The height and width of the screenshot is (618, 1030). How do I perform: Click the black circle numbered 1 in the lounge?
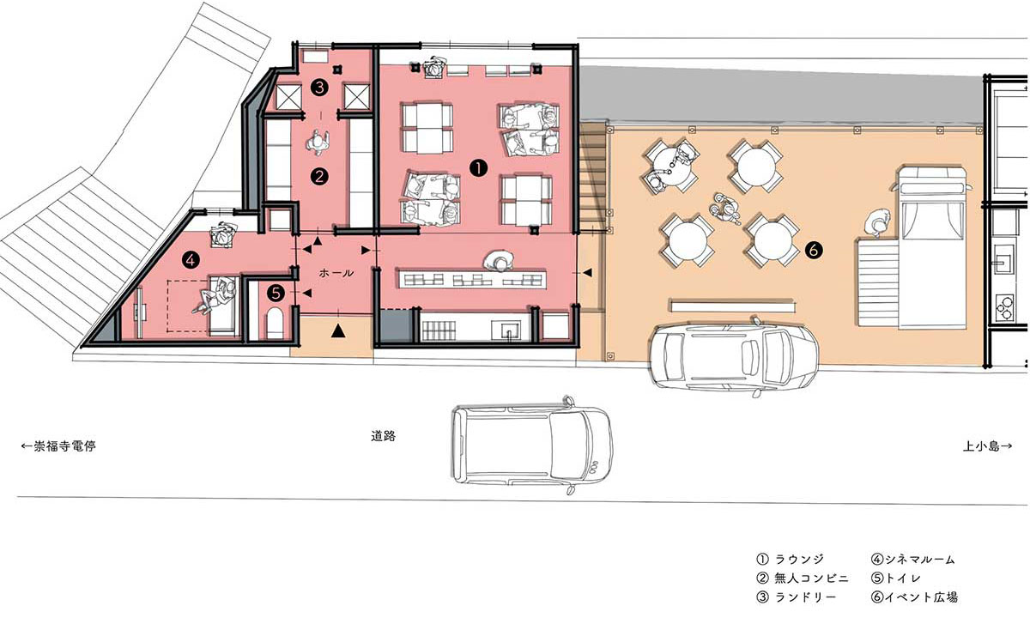point(478,168)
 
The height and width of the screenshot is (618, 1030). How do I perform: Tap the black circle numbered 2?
point(319,176)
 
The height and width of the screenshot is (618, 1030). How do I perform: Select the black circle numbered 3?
point(319,87)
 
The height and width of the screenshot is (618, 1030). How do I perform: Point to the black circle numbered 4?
point(191,261)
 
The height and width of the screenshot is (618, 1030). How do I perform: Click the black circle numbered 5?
point(276,293)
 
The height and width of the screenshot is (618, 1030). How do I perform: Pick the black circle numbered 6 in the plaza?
point(813,250)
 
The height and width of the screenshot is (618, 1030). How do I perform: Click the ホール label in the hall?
point(336,273)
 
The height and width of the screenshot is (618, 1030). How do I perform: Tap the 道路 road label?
point(383,436)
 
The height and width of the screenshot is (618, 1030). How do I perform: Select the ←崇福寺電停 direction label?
point(58,445)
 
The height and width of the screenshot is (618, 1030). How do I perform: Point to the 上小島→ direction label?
point(987,445)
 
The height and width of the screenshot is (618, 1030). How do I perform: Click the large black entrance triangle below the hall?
point(338,330)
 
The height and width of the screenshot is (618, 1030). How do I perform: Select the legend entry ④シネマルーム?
point(913,559)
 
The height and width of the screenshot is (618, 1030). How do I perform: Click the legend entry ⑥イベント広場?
point(914,597)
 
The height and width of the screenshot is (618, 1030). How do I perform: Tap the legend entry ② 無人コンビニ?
point(803,578)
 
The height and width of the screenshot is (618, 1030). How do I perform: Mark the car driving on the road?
point(532,445)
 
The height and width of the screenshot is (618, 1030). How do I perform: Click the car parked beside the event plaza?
point(733,355)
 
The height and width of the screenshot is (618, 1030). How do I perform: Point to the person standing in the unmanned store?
point(318,142)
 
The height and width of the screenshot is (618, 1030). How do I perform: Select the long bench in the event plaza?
point(733,306)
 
